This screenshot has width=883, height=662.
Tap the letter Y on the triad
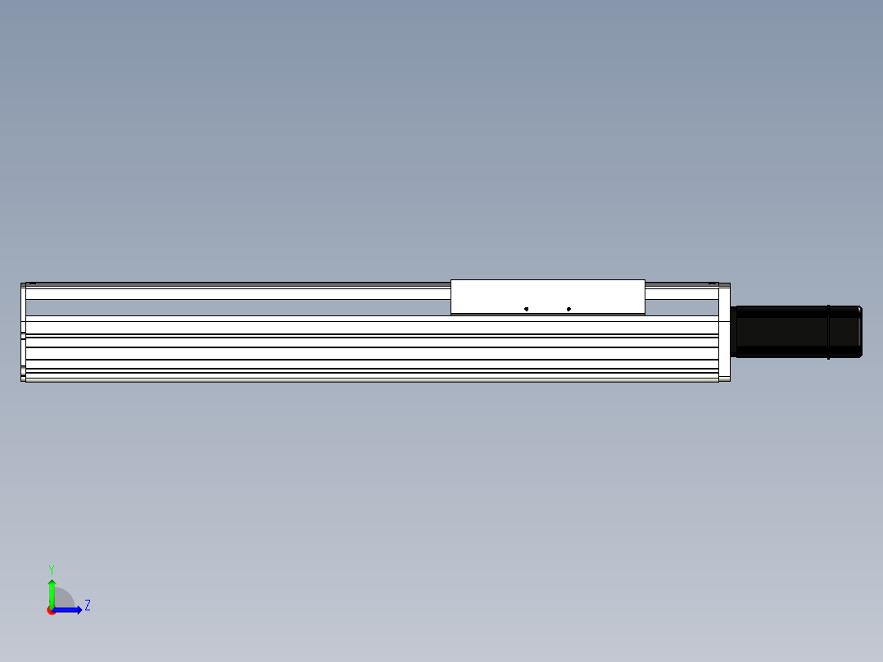[52, 569]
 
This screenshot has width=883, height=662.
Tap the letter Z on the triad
[88, 605]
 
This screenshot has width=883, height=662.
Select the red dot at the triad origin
[51, 610]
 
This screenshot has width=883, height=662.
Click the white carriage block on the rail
[547, 297]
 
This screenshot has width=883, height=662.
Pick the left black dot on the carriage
[526, 309]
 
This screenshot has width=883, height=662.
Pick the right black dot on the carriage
[568, 309]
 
